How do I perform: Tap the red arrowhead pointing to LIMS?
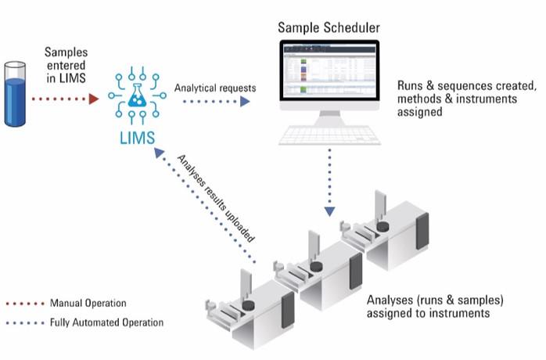point(93,99)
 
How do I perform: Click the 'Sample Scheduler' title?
point(329,28)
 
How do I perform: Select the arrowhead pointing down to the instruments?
point(330,210)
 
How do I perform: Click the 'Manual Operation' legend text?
point(88,303)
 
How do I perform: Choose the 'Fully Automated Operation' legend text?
point(106,322)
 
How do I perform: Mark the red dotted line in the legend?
point(23,303)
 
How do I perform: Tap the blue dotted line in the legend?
point(23,322)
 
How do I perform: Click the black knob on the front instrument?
point(249,305)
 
